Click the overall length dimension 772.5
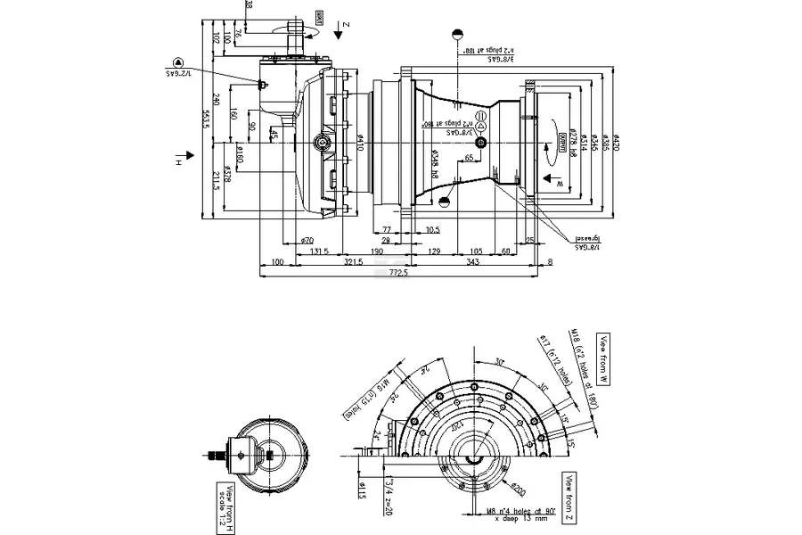pyautogui.click(x=398, y=274)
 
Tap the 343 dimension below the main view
pyautogui.click(x=472, y=263)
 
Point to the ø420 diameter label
pyautogui.click(x=616, y=144)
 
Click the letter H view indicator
pyautogui.click(x=178, y=162)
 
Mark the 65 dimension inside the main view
pyautogui.click(x=469, y=159)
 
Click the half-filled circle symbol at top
pyautogui.click(x=457, y=35)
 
